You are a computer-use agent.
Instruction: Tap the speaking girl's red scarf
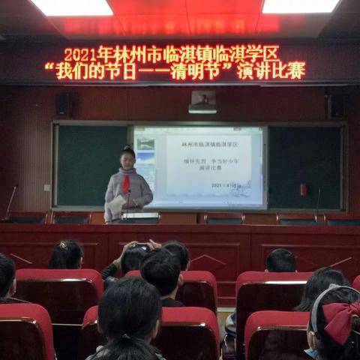point(126,183)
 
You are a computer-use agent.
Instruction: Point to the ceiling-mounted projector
point(202,101)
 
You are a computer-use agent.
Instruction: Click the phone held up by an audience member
point(141,247)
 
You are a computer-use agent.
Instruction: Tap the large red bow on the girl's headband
point(340,318)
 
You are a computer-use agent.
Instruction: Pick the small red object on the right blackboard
point(303,190)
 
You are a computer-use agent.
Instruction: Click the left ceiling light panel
point(71,7)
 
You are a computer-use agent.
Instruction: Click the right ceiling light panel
point(300,6)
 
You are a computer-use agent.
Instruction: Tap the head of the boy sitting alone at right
point(280,260)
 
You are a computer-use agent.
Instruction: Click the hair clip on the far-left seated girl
point(63,244)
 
